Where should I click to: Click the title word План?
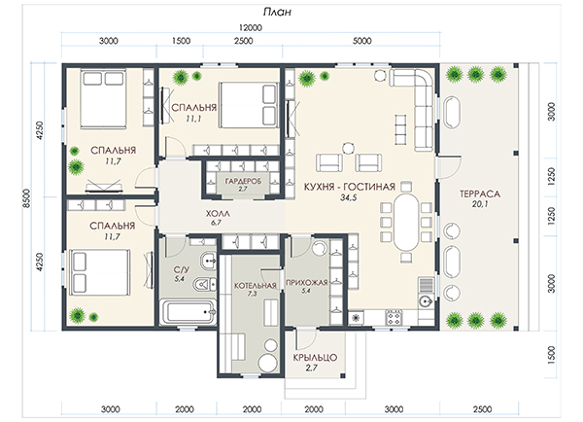pyautogui.click(x=277, y=13)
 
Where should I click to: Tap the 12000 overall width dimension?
pyautogui.click(x=251, y=28)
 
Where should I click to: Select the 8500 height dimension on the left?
pyautogui.click(x=26, y=198)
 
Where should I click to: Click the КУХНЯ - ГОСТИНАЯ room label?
pyautogui.click(x=350, y=187)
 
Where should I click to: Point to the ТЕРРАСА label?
pyautogui.click(x=480, y=193)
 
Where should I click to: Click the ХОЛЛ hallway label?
pyautogui.click(x=218, y=214)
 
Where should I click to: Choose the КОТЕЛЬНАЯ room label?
pyautogui.click(x=256, y=286)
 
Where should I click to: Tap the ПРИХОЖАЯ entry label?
pyautogui.click(x=307, y=283)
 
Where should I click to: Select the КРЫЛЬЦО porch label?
pyautogui.click(x=315, y=358)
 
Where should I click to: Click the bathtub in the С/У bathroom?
pyautogui.click(x=189, y=312)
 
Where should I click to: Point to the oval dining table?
pyautogui.click(x=406, y=222)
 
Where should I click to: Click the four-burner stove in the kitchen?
pyautogui.click(x=394, y=317)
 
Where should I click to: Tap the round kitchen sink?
pyautogui.click(x=425, y=299)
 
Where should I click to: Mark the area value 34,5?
pyautogui.click(x=349, y=197)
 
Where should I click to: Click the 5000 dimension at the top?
pyautogui.click(x=361, y=41)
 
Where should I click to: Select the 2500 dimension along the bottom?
pyautogui.click(x=482, y=409)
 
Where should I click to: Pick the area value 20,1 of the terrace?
pyautogui.click(x=480, y=204)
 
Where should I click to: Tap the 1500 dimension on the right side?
pyautogui.click(x=551, y=355)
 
